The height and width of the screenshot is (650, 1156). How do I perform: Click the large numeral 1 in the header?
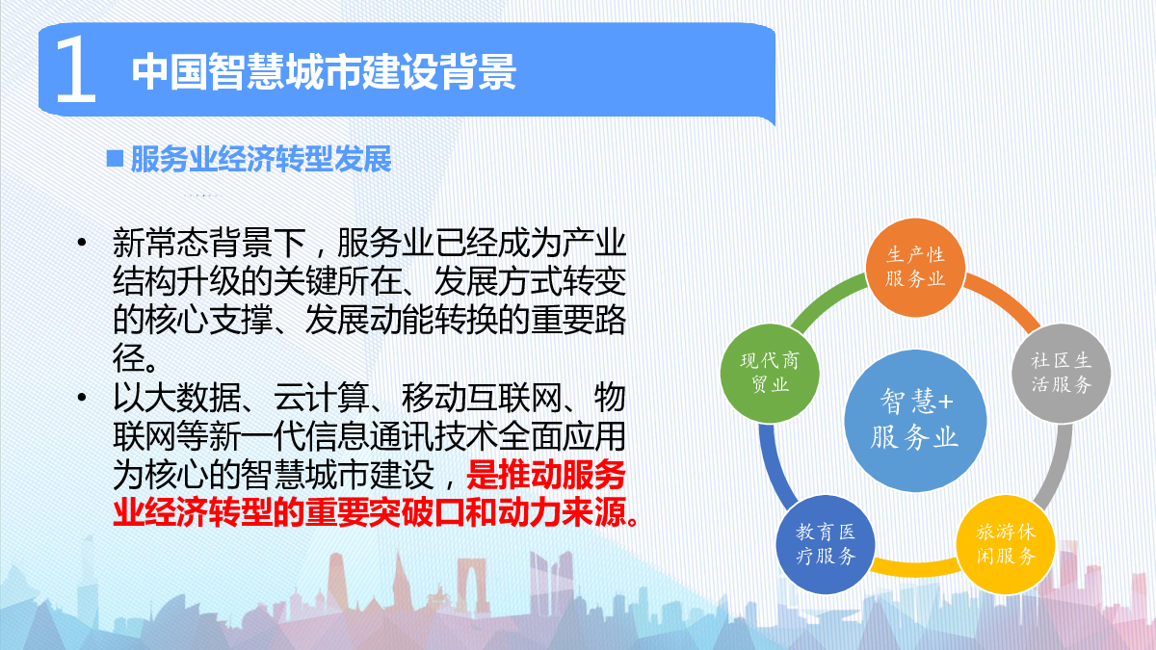pyautogui.click(x=76, y=69)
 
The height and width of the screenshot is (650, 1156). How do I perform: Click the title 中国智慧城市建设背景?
pyautogui.click(x=324, y=71)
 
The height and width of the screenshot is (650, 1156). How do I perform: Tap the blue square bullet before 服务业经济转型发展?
pyautogui.click(x=115, y=158)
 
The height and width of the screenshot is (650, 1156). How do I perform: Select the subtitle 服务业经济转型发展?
pyautogui.click(x=261, y=159)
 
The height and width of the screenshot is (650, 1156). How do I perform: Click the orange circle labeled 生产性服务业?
pyautogui.click(x=915, y=268)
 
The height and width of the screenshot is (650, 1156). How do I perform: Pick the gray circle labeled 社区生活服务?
pyautogui.click(x=1061, y=373)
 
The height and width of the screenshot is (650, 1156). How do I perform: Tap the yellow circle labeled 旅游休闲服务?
pyautogui.click(x=1006, y=544)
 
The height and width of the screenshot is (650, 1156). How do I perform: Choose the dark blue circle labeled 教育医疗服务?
pyautogui.click(x=826, y=544)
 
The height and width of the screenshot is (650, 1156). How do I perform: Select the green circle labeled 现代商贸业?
pyautogui.click(x=770, y=373)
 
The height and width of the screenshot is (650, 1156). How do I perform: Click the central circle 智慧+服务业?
pyautogui.click(x=915, y=421)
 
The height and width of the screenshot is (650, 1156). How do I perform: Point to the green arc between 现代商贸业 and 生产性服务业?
pyautogui.click(x=826, y=300)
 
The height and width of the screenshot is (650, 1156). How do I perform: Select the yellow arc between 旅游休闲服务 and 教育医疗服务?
pyautogui.click(x=915, y=568)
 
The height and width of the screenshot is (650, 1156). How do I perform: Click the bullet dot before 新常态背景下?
pyautogui.click(x=82, y=243)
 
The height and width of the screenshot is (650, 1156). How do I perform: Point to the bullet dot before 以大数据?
pyautogui.click(x=82, y=397)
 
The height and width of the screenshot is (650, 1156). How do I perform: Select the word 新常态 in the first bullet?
pyautogui.click(x=161, y=243)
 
